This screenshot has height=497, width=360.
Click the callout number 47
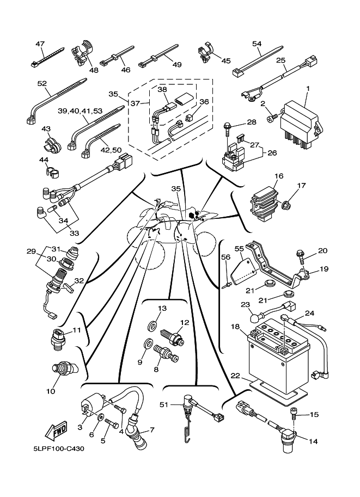click(40, 44)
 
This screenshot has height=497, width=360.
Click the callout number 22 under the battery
click(235, 376)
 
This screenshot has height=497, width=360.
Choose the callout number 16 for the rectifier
click(279, 176)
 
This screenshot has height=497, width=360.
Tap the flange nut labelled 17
click(286, 205)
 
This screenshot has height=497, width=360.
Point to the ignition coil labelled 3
click(93, 408)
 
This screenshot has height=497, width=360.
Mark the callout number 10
click(51, 390)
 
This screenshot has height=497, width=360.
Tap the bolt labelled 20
click(300, 254)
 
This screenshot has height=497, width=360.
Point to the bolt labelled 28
click(227, 128)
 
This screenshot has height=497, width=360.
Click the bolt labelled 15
click(295, 413)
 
